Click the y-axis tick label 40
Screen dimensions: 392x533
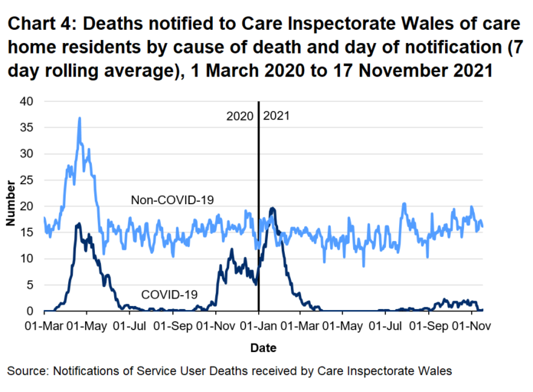(x=28, y=101)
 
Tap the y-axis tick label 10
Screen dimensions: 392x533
(x=28, y=259)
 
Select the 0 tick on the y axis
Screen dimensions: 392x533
(x=31, y=311)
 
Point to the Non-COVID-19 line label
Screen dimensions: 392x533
(x=172, y=201)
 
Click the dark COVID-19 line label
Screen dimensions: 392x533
(x=169, y=294)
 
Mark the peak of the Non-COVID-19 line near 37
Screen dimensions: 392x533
(x=80, y=118)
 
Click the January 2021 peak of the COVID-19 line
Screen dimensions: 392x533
(x=273, y=208)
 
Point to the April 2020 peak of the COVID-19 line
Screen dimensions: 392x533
(x=78, y=223)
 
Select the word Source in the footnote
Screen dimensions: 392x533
(x=27, y=371)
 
